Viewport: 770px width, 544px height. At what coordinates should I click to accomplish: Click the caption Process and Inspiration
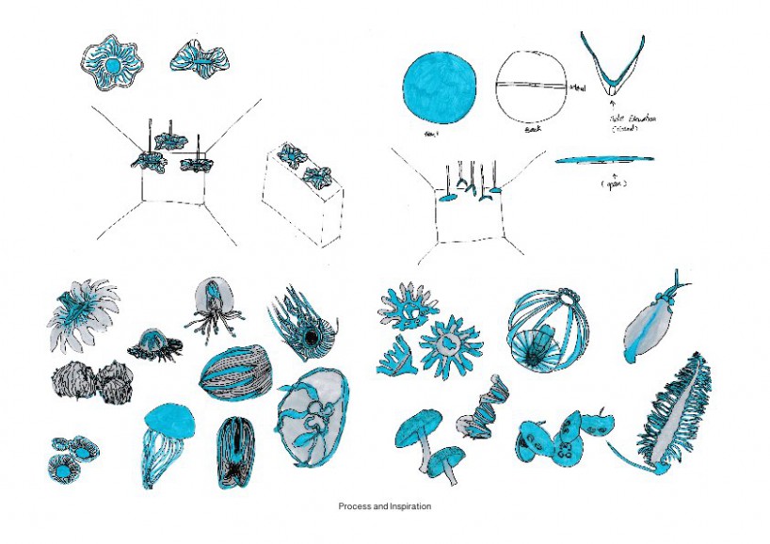click(x=384, y=506)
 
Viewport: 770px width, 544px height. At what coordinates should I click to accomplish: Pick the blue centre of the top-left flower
click(x=113, y=66)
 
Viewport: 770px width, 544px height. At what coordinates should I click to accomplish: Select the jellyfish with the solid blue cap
click(x=168, y=438)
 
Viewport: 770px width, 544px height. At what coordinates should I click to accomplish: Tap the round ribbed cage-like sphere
click(x=545, y=329)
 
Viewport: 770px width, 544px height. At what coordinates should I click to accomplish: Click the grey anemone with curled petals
click(x=83, y=315)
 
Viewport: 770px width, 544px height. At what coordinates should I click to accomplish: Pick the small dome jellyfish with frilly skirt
click(x=153, y=344)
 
